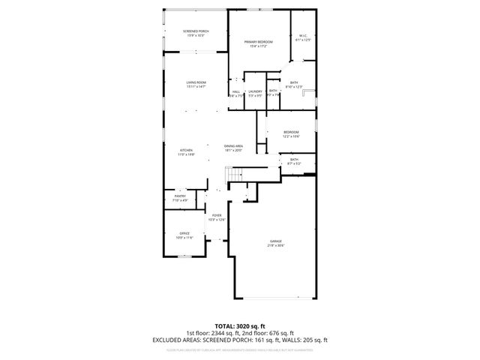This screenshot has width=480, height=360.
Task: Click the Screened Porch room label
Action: point(196,31)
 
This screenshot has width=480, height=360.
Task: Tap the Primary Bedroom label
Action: point(258,42)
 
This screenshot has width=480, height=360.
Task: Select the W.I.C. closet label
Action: point(302,35)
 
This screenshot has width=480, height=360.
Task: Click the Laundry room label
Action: point(255,91)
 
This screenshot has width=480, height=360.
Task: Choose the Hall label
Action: point(235,91)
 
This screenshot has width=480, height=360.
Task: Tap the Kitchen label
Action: point(186,150)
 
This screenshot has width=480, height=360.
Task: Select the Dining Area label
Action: point(233,145)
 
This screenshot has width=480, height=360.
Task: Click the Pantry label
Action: point(180,196)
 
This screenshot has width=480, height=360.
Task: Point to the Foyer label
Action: point(216,215)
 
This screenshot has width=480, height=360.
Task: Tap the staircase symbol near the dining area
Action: point(235,175)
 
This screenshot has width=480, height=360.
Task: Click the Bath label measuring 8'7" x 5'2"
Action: point(294,159)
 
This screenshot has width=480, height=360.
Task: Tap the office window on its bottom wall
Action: point(184,256)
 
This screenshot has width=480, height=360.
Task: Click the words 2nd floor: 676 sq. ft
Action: point(271,333)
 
